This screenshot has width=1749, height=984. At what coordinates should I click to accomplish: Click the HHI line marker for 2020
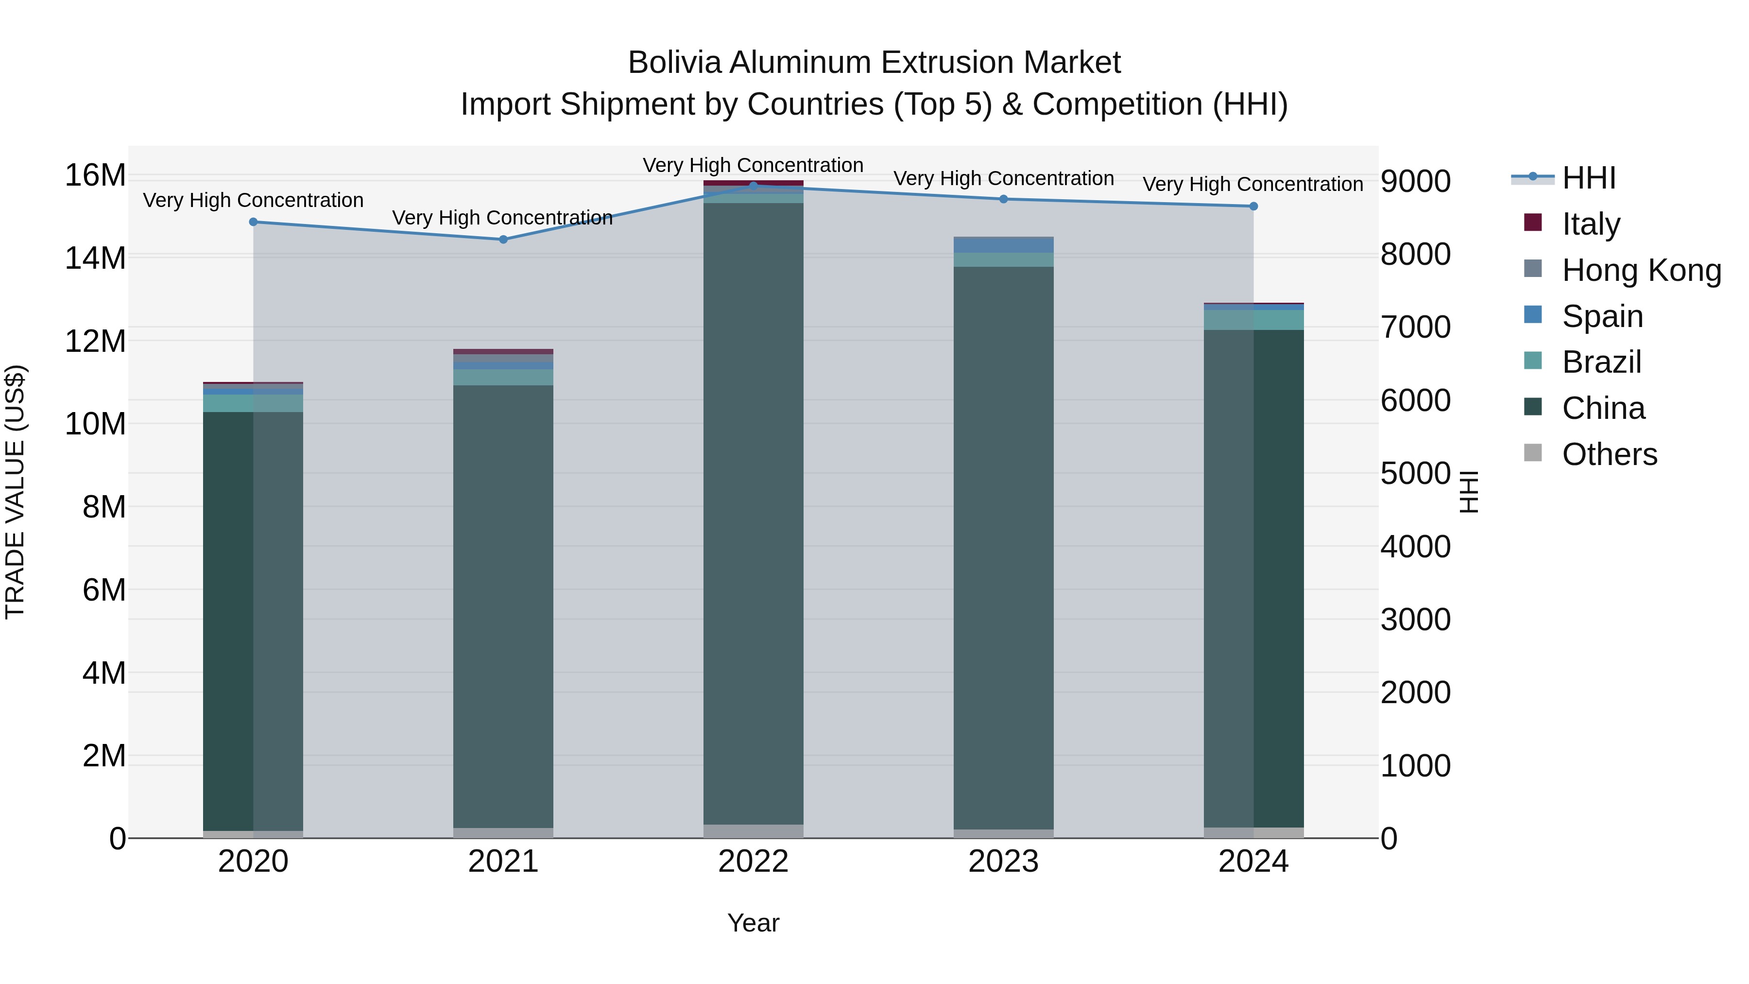253,222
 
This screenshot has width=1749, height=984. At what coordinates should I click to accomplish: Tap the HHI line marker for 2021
503,239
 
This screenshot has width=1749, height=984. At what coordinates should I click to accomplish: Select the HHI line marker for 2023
1004,199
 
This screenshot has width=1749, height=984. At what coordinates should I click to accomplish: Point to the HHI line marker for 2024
1253,207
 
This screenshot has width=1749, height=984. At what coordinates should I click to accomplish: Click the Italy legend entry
1591,224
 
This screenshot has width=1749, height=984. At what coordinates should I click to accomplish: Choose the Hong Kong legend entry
1641,270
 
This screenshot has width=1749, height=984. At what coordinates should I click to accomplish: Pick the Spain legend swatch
1533,315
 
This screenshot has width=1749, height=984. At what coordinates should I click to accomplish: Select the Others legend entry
1609,454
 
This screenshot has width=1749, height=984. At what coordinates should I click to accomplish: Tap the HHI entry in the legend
1589,178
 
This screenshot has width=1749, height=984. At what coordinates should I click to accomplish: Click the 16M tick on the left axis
95,175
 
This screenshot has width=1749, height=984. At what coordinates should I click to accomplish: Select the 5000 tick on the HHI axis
1416,474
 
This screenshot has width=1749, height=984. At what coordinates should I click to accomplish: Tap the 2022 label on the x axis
753,862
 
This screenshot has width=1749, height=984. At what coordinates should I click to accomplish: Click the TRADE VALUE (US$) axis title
15,492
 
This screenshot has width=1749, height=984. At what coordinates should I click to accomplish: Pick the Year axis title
753,923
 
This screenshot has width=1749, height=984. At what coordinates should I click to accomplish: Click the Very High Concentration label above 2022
753,165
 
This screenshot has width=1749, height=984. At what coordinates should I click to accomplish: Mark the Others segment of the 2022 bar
753,831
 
